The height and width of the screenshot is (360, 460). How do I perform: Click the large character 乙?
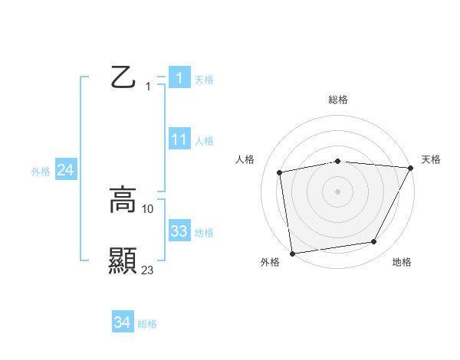pos(123,78)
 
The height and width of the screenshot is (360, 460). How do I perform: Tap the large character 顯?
pos(123,261)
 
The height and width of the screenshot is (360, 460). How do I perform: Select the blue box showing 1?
pos(179,78)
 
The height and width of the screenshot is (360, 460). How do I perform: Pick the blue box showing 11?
pos(179,139)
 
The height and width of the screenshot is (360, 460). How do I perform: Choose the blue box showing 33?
pos(179,231)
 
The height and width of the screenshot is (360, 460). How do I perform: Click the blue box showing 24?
pos(66,171)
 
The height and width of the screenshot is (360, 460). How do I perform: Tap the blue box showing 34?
pos(122,323)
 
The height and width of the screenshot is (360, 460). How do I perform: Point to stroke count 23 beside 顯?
pos(148,270)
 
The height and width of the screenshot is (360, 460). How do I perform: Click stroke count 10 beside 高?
pos(148,208)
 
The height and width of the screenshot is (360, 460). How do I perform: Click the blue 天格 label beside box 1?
pos(204,79)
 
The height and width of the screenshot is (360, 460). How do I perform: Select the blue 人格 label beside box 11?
pos(204,141)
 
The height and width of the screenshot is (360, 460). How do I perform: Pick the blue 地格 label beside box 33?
pos(204,233)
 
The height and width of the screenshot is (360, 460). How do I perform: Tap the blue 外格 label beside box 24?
pos(41,172)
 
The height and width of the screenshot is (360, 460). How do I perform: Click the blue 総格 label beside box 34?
pos(147,325)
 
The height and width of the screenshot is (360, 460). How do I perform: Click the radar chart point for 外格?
pos(292,253)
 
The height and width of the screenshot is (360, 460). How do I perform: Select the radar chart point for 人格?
pos(280,172)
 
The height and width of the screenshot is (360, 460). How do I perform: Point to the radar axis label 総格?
pos(338,100)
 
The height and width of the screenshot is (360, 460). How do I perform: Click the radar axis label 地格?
pos(402,262)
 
